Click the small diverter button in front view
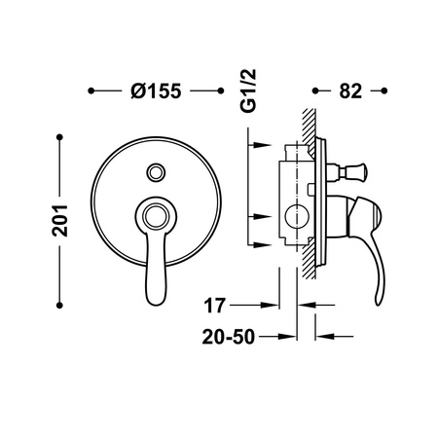155,173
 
